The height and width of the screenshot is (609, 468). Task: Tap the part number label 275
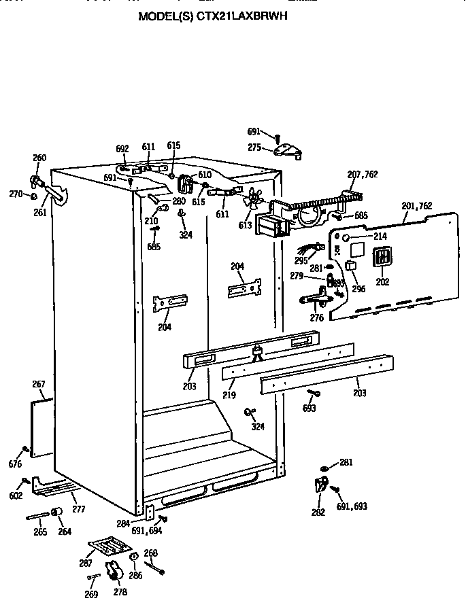click(x=254, y=147)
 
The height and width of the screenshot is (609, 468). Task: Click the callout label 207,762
click(x=362, y=175)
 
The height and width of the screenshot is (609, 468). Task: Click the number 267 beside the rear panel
click(x=39, y=385)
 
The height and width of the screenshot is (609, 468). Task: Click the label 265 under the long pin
click(x=40, y=532)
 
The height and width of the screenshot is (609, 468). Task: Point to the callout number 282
click(x=318, y=512)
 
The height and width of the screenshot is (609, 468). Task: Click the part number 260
click(x=39, y=158)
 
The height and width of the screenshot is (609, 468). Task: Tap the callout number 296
click(x=358, y=288)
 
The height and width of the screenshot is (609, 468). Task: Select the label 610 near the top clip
click(x=205, y=175)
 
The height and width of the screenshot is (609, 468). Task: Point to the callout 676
click(x=15, y=464)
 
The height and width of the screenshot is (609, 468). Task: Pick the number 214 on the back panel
click(x=380, y=236)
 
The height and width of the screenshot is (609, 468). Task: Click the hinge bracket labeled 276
click(x=316, y=296)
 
